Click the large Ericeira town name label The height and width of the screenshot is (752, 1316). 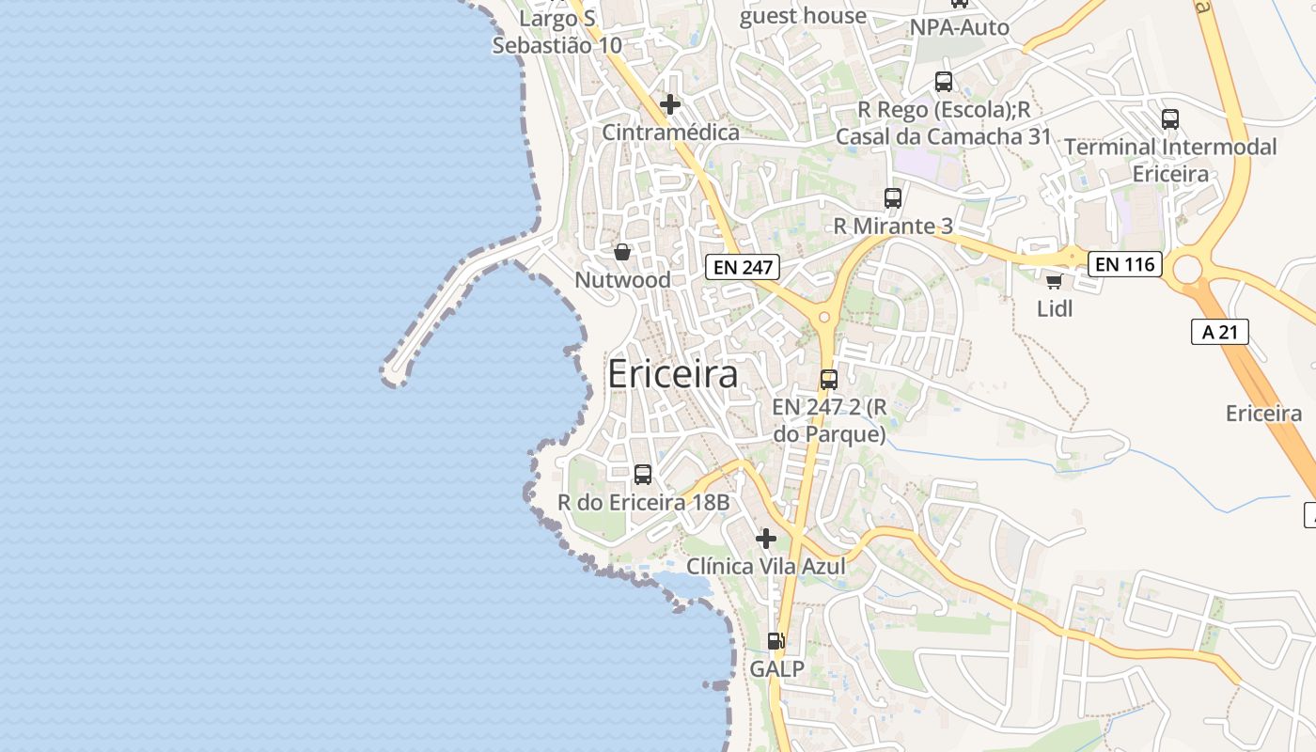coord(672,374)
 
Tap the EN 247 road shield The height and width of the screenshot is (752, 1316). coord(743,267)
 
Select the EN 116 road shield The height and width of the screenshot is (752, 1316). coord(1125,265)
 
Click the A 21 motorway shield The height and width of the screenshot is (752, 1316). coord(1219,332)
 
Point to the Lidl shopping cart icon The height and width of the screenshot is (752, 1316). coord(1054,281)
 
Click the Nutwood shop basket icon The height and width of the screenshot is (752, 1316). coord(621,252)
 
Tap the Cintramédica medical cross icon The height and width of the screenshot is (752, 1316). coord(670,104)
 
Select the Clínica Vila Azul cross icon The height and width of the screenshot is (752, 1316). coord(766,539)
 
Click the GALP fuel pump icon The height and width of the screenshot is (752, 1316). coord(775,641)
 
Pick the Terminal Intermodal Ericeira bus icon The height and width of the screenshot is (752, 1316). coord(1170,119)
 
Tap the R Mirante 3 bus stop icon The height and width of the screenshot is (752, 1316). coord(893,198)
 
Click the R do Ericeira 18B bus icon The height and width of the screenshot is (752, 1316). coord(643,475)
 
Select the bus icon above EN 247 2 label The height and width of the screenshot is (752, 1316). coord(828,380)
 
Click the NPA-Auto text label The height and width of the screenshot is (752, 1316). coord(959,27)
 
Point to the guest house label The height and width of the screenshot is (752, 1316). coord(803,16)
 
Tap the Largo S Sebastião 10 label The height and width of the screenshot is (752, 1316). coord(557,32)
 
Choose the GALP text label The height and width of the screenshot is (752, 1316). coord(776,668)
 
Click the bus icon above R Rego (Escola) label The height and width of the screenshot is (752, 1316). coord(944,82)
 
